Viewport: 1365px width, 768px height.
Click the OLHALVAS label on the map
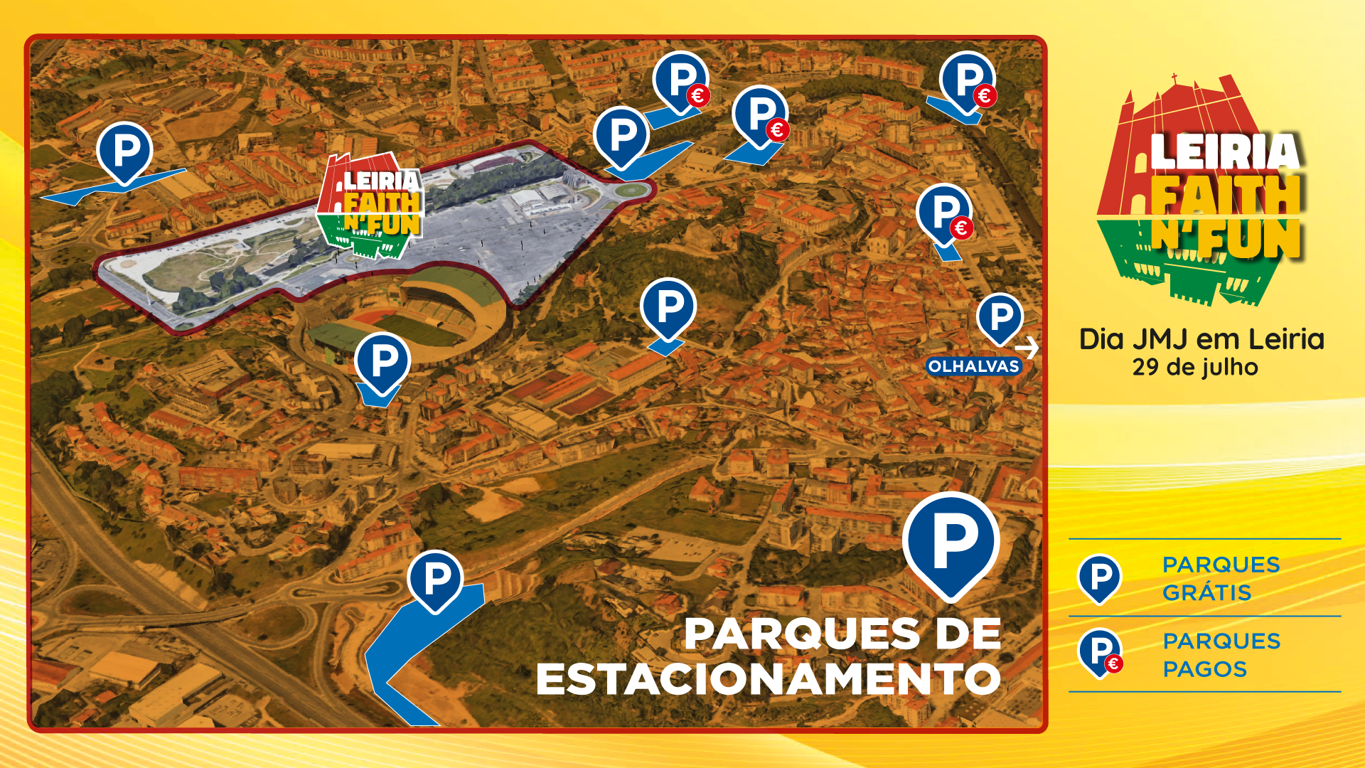click(973, 366)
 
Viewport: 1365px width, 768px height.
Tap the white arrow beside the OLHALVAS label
click(1027, 348)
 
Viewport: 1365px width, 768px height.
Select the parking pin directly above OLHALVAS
click(1000, 317)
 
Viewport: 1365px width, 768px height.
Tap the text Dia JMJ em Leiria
click(1201, 339)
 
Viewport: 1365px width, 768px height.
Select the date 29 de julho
click(1195, 368)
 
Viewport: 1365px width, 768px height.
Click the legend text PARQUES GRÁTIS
click(1221, 578)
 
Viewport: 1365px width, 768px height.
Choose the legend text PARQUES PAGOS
click(1221, 655)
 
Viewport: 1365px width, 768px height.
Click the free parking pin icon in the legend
click(1099, 577)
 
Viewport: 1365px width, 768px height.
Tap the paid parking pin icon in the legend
click(1099, 651)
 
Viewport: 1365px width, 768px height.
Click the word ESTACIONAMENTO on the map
click(768, 679)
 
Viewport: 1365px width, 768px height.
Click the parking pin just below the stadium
click(382, 363)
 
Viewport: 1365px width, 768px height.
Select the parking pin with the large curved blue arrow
click(435, 580)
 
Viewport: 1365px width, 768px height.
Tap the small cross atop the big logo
click(1174, 78)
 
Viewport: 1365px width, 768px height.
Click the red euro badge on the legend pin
click(1114, 663)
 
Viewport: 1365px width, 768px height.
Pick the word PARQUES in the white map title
click(801, 634)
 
